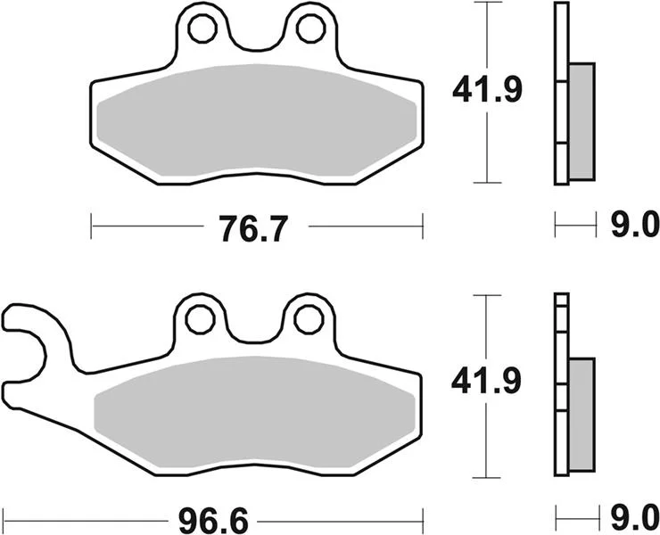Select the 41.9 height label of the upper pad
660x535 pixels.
point(487,89)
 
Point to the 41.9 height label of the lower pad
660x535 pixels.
point(486,382)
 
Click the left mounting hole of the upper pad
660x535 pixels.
point(202,29)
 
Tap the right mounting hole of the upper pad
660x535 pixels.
point(310,29)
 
